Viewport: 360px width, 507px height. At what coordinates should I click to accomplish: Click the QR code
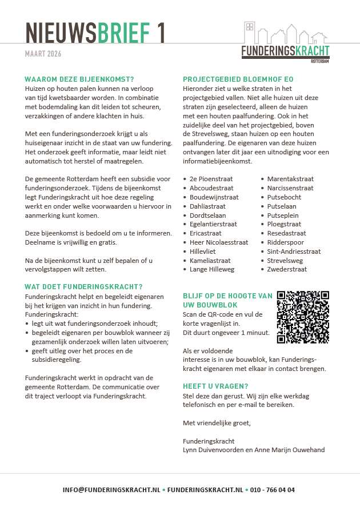pos(303,317)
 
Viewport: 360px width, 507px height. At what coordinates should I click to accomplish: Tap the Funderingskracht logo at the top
pos(285,43)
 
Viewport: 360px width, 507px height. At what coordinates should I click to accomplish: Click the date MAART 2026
pos(43,54)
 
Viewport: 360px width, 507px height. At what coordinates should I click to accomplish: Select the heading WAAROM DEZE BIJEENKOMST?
pos(79,80)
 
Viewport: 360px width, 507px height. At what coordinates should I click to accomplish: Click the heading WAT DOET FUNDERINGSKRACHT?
pos(83,287)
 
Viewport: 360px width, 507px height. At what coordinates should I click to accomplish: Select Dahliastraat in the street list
pos(207,206)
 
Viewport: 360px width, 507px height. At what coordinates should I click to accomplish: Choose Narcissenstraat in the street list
pos(290,188)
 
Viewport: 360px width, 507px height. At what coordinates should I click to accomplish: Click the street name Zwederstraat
pos(287,270)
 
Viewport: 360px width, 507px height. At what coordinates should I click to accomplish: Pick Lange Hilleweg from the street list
pos(212,270)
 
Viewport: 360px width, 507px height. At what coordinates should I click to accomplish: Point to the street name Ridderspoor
pos(285,242)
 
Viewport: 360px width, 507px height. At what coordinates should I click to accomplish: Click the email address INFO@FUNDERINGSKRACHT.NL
pos(111,490)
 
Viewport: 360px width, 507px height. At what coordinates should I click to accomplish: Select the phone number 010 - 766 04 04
pos(273,490)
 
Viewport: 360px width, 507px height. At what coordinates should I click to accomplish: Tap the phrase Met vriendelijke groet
pos(217,423)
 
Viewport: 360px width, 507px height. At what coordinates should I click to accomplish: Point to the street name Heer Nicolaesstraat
pos(219,242)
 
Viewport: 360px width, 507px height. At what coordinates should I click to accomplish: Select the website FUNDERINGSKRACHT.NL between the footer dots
pos(205,490)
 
